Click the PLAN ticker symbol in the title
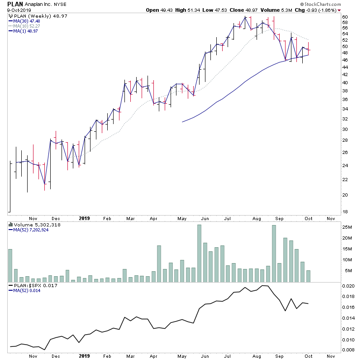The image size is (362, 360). [x=15, y=4]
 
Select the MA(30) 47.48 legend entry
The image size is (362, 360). [x=27, y=20]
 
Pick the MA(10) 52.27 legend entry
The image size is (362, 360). [x=27, y=25]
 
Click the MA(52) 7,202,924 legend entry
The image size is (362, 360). [x=32, y=230]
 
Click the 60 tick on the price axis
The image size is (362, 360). [x=345, y=17]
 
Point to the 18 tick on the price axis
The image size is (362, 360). [x=345, y=211]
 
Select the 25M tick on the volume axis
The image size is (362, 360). [x=347, y=227]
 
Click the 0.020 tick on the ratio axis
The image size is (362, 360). [x=348, y=287]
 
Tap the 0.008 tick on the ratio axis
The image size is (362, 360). [x=348, y=350]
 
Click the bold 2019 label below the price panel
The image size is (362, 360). [x=84, y=218]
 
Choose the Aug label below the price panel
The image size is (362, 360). [x=257, y=218]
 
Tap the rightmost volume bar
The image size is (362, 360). [x=308, y=277]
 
